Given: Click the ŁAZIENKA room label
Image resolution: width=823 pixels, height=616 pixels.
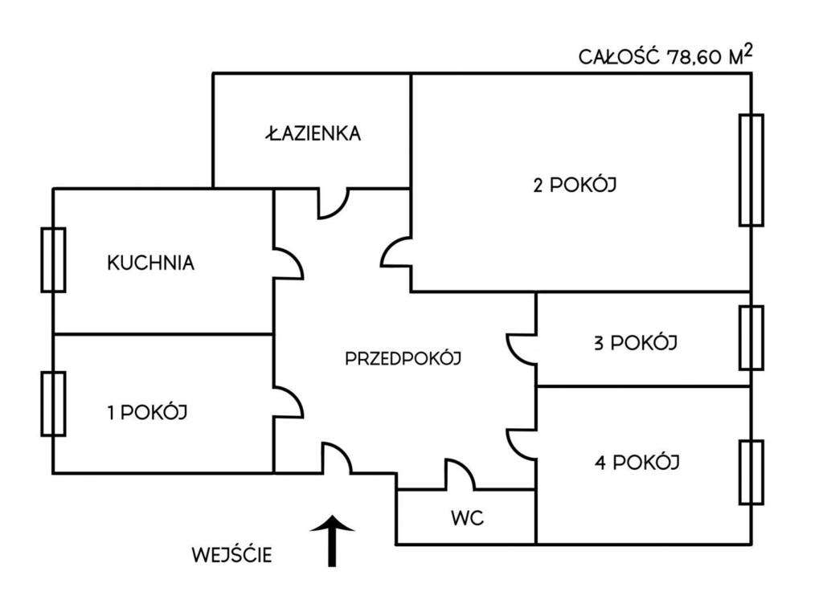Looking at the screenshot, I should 313,133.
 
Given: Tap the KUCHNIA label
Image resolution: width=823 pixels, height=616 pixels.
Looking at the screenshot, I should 150,263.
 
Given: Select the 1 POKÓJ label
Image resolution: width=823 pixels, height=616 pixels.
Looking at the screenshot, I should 147,413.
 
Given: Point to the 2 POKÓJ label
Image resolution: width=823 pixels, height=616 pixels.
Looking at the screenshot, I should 575,185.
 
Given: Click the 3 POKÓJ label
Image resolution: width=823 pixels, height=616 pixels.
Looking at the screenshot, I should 635,343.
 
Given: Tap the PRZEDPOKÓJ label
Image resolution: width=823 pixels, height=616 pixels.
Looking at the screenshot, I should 403,359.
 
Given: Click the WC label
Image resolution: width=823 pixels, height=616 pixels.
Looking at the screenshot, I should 466,518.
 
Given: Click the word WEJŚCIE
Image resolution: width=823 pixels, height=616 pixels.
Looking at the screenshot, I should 231,554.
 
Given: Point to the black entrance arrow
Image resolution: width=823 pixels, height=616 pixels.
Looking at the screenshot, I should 332,542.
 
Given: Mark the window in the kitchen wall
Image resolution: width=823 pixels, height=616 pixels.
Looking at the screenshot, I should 53,259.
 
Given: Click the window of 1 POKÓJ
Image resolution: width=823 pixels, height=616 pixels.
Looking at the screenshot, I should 53,403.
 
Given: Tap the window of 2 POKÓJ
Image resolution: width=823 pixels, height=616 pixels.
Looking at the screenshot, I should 751,169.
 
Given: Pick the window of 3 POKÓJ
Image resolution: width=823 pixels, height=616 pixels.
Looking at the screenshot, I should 751,337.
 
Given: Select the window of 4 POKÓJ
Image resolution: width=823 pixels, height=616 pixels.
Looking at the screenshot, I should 751,471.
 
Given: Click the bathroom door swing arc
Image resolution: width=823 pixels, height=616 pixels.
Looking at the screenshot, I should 334,204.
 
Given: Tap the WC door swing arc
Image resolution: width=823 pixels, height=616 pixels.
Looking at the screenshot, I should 461,474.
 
